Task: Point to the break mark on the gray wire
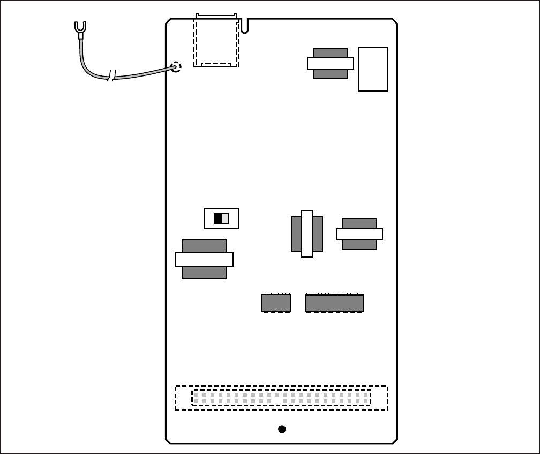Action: [x=112, y=75]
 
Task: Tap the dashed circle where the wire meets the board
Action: [x=176, y=67]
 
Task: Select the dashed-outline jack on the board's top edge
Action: [x=216, y=41]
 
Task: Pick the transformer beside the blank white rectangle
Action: [x=331, y=63]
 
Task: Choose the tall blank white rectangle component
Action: [x=373, y=69]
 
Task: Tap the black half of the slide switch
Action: [x=217, y=218]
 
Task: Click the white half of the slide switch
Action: [x=226, y=218]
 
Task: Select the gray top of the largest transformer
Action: [x=204, y=246]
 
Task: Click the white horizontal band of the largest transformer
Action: [x=204, y=259]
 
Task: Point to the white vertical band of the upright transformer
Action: [x=307, y=234]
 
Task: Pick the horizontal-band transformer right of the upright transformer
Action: [x=359, y=234]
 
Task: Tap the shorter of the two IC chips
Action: [x=276, y=303]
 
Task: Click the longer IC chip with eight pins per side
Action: [x=334, y=303]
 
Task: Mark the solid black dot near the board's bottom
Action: [x=282, y=429]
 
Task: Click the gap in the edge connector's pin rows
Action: [x=277, y=398]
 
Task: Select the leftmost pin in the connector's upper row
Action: [x=196, y=395]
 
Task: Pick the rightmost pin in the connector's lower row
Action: [x=366, y=401]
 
